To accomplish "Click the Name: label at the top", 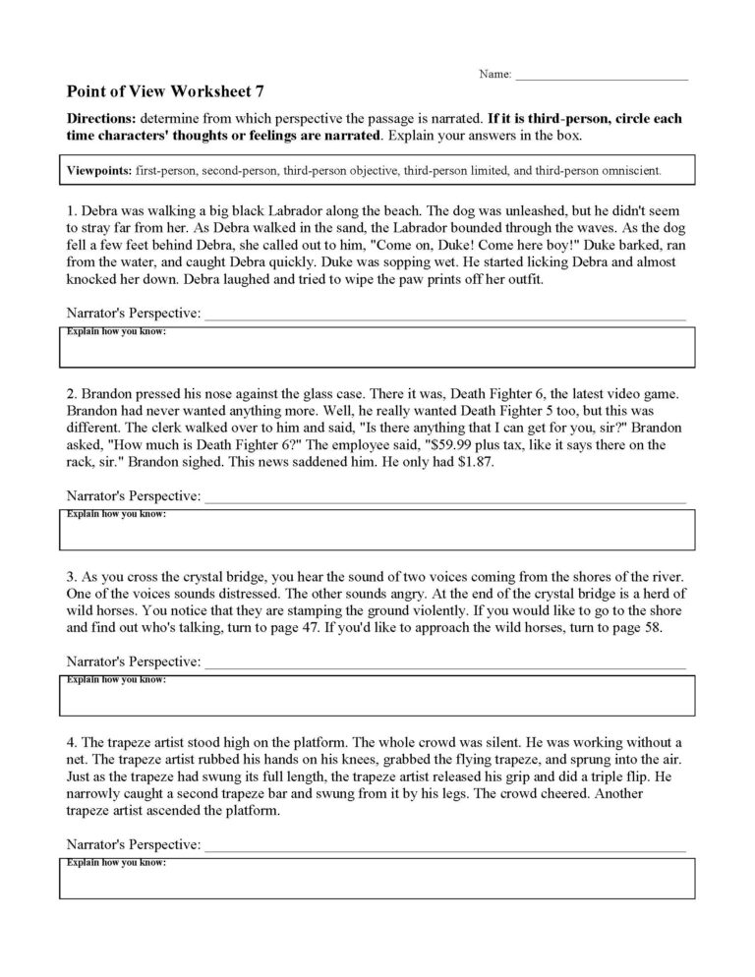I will click(x=494, y=75).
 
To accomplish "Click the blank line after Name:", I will click(x=601, y=77).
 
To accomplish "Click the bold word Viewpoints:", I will click(x=101, y=169).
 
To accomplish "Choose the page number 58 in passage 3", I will click(x=653, y=627).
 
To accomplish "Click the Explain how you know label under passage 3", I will click(x=116, y=680).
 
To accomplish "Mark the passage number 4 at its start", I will click(x=70, y=739).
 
